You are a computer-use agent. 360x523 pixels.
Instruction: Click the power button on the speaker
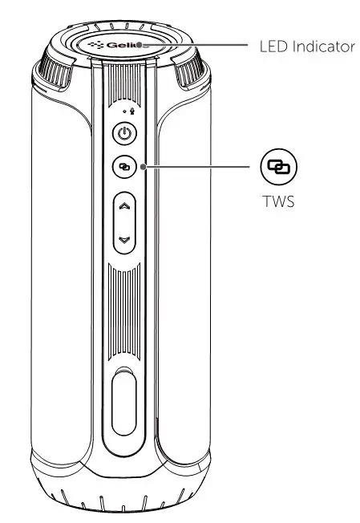(123, 134)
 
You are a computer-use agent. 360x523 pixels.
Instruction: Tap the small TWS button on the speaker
(123, 167)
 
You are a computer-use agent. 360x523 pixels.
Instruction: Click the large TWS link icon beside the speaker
(277, 167)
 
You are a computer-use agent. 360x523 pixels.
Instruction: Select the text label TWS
(277, 202)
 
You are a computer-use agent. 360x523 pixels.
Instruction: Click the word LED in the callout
(273, 47)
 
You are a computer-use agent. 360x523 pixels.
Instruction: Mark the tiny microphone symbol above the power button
(131, 112)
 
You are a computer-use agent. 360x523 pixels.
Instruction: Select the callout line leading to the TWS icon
(200, 167)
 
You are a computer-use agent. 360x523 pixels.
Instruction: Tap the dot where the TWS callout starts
(143, 167)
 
